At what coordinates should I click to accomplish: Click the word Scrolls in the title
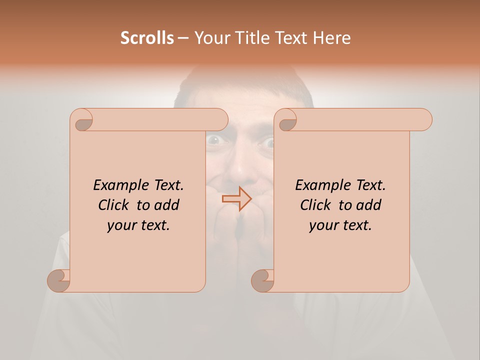tap(147, 38)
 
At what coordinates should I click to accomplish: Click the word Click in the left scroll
tap(114, 205)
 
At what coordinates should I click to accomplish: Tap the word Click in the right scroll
tap(316, 205)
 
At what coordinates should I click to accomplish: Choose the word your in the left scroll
tap(121, 225)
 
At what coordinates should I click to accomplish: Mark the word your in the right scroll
tap(323, 225)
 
